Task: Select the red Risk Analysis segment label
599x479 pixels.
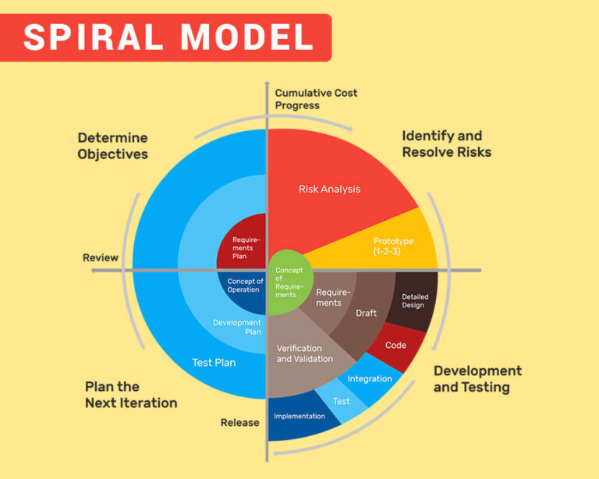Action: tap(329, 189)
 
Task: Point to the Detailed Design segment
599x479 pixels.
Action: tap(414, 302)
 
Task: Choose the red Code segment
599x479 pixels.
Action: tap(395, 345)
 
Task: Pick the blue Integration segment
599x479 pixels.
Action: tap(370, 379)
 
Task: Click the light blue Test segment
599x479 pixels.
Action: tap(342, 401)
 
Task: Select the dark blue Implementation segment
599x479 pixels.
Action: tap(299, 417)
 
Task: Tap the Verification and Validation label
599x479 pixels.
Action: tap(304, 353)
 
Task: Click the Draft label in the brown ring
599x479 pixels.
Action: tap(366, 313)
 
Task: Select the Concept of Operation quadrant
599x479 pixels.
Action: tap(245, 286)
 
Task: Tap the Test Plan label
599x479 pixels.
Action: tap(214, 362)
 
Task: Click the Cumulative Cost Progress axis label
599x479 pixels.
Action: tap(316, 99)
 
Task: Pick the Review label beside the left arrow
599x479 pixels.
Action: tap(101, 257)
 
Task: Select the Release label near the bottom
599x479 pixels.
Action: tap(239, 423)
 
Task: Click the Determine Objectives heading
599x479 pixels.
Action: tap(112, 146)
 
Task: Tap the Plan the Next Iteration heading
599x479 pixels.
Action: tap(131, 396)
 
